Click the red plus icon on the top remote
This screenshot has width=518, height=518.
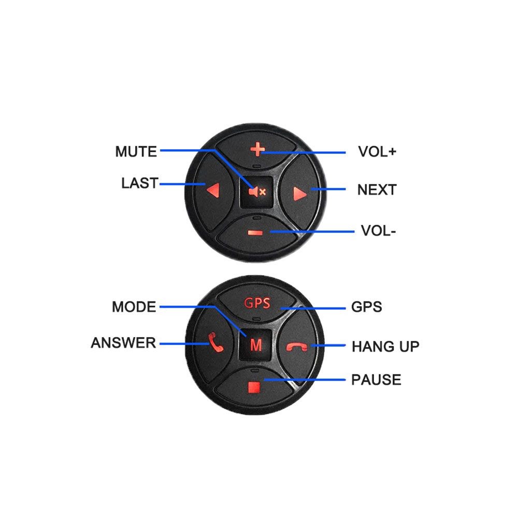pos(257,149)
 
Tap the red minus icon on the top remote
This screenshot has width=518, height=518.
pos(255,233)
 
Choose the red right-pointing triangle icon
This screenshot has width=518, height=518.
pos(300,194)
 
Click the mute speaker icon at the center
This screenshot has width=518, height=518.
pos(257,192)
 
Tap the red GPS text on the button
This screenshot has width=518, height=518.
pos(257,303)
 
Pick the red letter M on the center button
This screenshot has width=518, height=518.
pos(256,345)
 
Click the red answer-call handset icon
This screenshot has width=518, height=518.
pos(215,342)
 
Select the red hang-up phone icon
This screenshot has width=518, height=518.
pos(297,347)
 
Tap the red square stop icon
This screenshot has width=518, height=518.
pos(254,387)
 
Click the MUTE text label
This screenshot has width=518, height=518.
pos(136,152)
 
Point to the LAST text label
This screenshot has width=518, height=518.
pos(140,183)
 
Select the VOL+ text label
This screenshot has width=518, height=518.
pos(377,152)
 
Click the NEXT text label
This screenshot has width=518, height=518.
pos(377,190)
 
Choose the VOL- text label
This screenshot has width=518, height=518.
pos(378,231)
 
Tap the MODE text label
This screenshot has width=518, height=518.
pos(134,307)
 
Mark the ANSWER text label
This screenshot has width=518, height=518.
pos(123,342)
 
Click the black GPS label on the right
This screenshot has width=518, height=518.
pos(366,307)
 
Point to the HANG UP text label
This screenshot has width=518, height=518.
pos(385,347)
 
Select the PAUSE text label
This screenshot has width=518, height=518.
pos(376,380)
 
